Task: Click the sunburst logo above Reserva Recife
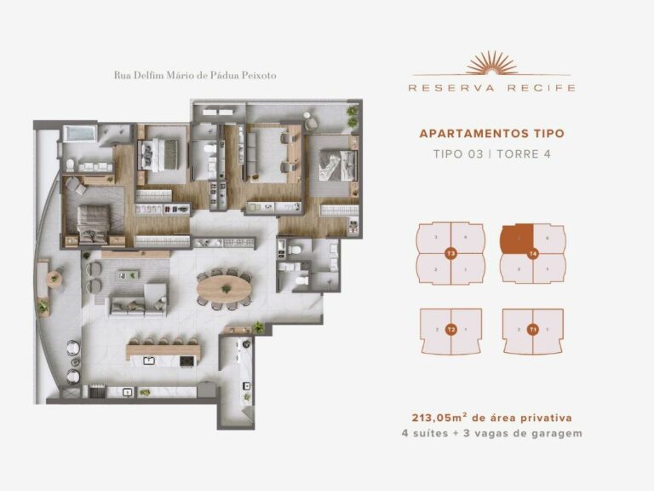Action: point(491,63)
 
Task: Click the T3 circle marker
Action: point(451,253)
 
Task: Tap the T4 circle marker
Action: point(532,253)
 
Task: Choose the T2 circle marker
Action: point(451,329)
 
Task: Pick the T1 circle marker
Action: point(532,329)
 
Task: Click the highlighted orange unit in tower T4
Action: point(517,238)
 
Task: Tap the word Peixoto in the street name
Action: point(258,75)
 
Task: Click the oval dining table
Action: point(225,287)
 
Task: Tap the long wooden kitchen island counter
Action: point(163,350)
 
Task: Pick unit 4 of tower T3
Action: point(465,238)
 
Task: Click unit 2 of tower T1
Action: point(519,329)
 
